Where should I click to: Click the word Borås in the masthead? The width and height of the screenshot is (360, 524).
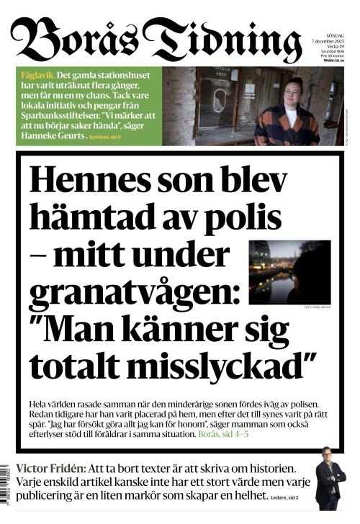pyautogui.click(x=76, y=36)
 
